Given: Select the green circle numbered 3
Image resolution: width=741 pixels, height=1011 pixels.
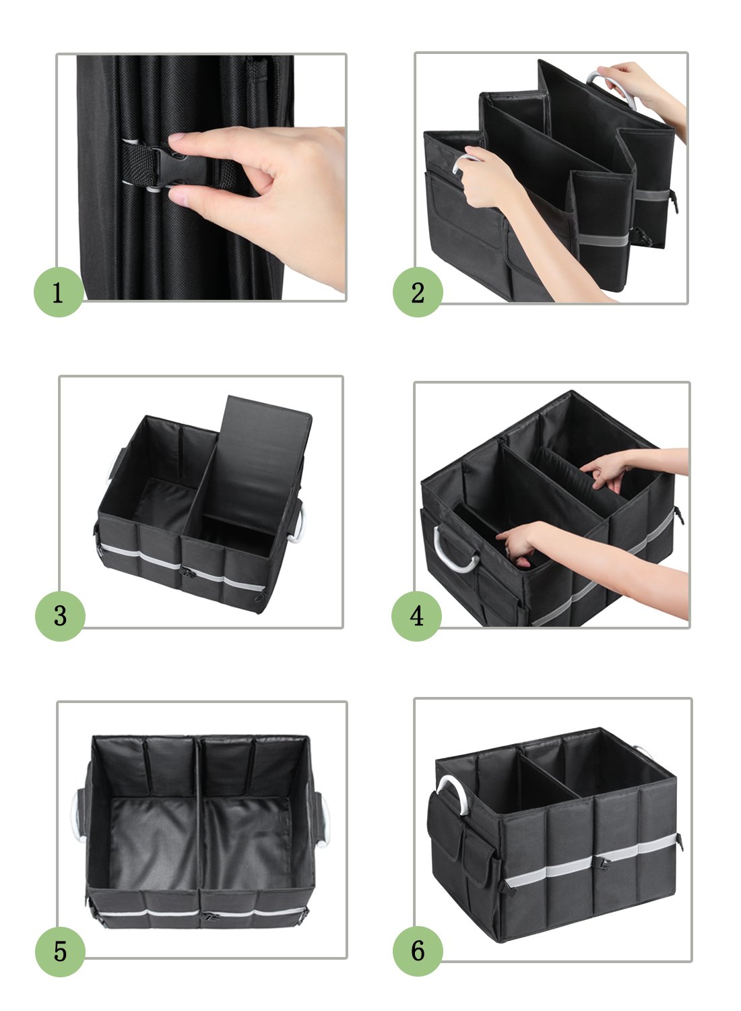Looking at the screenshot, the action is click(x=60, y=616).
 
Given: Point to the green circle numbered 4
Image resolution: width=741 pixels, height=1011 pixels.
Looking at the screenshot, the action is click(x=416, y=616).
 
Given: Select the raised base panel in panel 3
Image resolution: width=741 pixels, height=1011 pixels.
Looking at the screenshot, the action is click(x=257, y=465).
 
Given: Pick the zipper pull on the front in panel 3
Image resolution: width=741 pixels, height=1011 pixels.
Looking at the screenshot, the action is click(x=188, y=573).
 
